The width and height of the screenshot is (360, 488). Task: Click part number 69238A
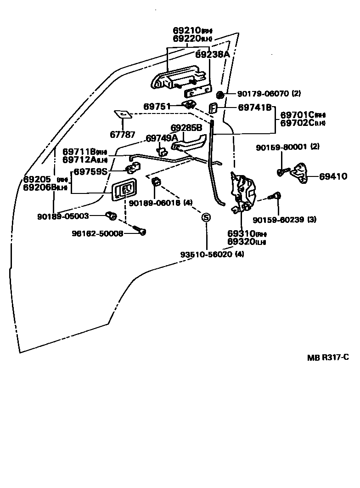coord(212,54)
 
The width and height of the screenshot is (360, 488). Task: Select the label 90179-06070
coord(263,94)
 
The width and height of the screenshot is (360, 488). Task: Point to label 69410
coord(334,176)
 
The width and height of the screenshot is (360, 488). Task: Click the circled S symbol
coord(206,217)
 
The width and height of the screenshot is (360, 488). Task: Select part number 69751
coord(157,106)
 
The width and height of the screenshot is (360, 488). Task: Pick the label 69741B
coord(255,108)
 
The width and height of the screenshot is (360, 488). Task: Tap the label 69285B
coord(186,128)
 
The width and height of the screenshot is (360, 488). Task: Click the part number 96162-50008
coord(97,233)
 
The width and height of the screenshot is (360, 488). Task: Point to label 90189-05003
coord(63,216)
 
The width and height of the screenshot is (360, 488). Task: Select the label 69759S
coord(91,171)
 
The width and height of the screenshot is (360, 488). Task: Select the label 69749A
coord(162,138)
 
